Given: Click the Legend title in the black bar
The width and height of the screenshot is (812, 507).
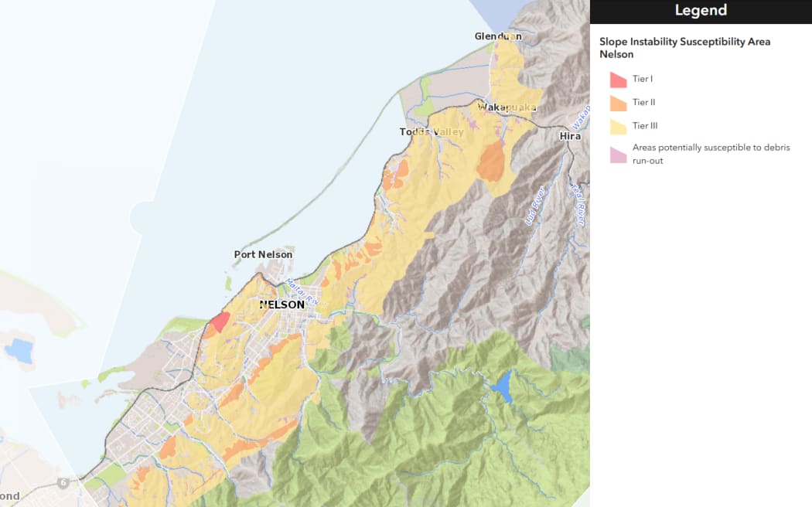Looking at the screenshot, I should [x=701, y=11].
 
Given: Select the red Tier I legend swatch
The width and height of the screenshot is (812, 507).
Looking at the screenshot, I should [x=618, y=80].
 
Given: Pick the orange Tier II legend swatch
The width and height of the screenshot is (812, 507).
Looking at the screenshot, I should [x=618, y=103].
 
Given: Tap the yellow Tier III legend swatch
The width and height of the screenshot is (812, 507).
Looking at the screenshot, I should [x=618, y=126].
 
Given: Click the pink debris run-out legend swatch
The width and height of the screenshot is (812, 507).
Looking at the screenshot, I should [x=618, y=155].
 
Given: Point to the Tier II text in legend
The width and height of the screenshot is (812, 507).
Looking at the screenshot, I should [x=643, y=102].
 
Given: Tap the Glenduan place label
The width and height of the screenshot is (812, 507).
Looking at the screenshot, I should [x=498, y=36].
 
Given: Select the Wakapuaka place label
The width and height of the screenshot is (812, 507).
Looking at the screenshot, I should [x=507, y=107].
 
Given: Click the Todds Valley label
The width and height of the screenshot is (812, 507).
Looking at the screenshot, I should [x=432, y=132].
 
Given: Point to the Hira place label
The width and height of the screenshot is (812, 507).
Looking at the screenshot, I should [x=569, y=136].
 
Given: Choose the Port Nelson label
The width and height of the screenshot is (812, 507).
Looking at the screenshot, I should [x=263, y=254].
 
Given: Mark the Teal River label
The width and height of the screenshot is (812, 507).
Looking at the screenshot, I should [x=577, y=202].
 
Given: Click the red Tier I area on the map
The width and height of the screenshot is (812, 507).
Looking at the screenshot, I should [x=220, y=322].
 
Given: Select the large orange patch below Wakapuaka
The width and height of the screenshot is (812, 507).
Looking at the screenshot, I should [x=491, y=162].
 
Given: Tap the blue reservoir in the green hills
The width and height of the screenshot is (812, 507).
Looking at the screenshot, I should [x=503, y=386].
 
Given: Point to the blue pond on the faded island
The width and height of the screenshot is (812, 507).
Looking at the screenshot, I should [x=18, y=350].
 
